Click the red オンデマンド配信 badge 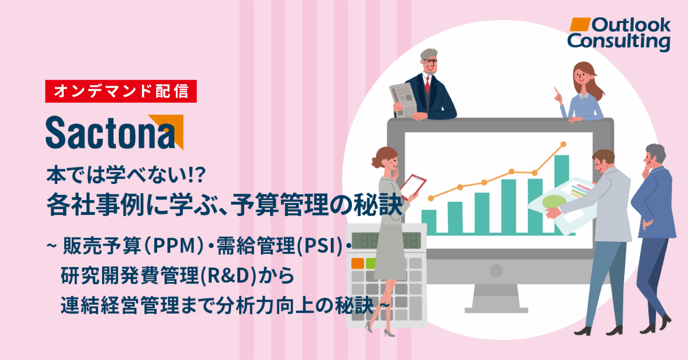point(121,91)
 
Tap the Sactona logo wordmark point(110,133)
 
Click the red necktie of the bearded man point(427,84)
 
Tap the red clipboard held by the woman point(413,187)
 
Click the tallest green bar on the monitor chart point(562,193)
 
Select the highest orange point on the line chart point(563,144)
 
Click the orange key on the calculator point(358,263)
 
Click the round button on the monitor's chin point(496,270)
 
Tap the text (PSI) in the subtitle point(320,246)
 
